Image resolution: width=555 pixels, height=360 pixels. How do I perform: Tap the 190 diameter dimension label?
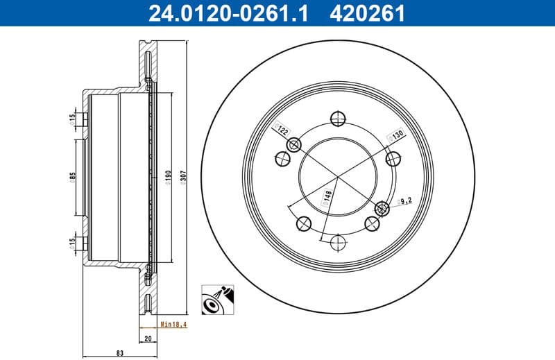(167, 177)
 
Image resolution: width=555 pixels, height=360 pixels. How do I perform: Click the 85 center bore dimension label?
(72, 177)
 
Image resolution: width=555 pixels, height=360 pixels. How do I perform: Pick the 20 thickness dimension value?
(147, 339)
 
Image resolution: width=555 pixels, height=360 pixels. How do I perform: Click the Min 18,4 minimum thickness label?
(172, 324)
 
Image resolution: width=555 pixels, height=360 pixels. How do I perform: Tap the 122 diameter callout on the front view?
(283, 130)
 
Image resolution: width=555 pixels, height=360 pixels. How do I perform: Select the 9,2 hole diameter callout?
(405, 201)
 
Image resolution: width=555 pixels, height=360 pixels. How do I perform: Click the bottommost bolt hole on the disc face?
(339, 243)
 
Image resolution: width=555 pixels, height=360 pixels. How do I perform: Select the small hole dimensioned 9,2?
(381, 208)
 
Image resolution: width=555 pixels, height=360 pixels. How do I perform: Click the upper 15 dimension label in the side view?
(72, 120)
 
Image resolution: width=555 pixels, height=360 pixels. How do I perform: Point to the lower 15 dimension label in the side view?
(72, 244)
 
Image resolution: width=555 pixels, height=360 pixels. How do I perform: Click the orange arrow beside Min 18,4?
(149, 324)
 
